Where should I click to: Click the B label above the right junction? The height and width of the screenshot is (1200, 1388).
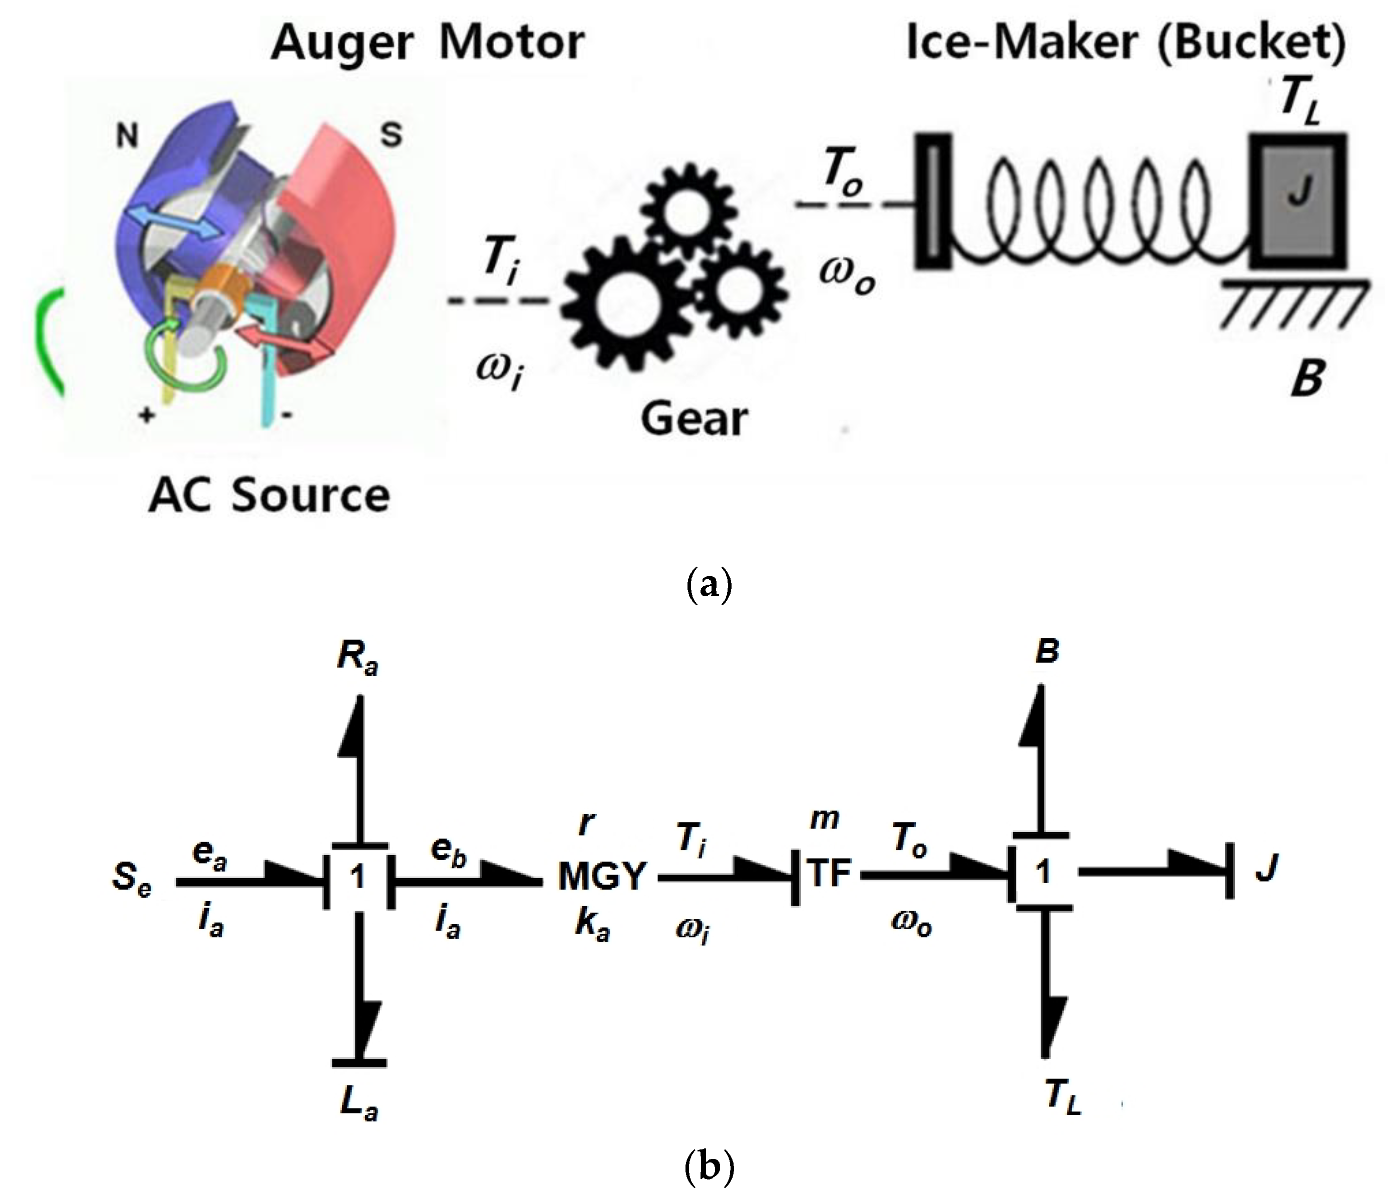[1047, 650]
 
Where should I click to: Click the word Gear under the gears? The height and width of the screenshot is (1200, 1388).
[693, 419]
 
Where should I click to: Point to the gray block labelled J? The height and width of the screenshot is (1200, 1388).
[1297, 200]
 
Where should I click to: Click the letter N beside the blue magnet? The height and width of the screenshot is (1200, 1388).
[127, 136]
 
